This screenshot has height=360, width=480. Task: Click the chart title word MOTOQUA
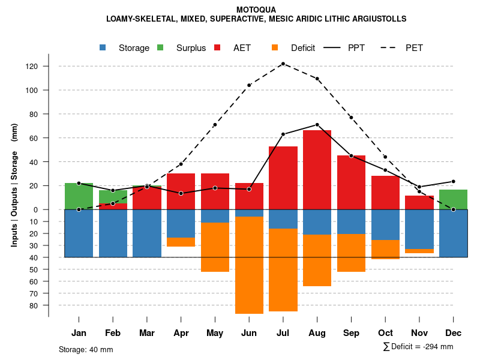[256, 10]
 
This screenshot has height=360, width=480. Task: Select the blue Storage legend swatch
[104, 48]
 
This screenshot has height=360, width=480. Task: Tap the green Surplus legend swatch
[161, 48]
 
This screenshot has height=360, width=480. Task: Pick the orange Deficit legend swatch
[275, 48]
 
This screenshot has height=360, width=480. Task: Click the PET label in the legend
[414, 48]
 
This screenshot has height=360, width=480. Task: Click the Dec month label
[453, 333]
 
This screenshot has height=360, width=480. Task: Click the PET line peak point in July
[283, 64]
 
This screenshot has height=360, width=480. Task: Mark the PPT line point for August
[317, 125]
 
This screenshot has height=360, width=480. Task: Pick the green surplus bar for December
[453, 199]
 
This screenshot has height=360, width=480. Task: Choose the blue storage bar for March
[146, 233]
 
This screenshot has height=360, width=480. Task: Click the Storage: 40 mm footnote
[86, 349]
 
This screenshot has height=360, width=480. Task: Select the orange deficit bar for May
[215, 247]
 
